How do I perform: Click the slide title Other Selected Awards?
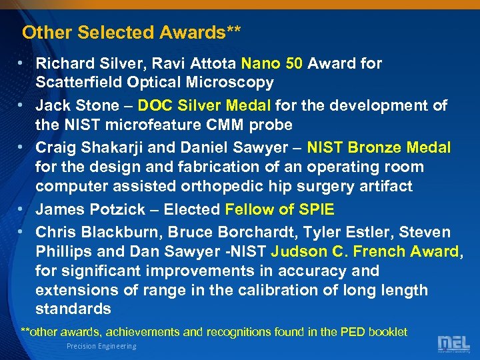pos(131,32)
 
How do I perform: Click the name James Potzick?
pos(90,209)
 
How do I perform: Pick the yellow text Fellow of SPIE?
pos(279,209)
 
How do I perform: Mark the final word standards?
pos(73,309)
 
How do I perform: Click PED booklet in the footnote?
pos(376,331)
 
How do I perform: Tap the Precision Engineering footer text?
pos(101,346)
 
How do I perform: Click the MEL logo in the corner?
pos(453,344)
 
